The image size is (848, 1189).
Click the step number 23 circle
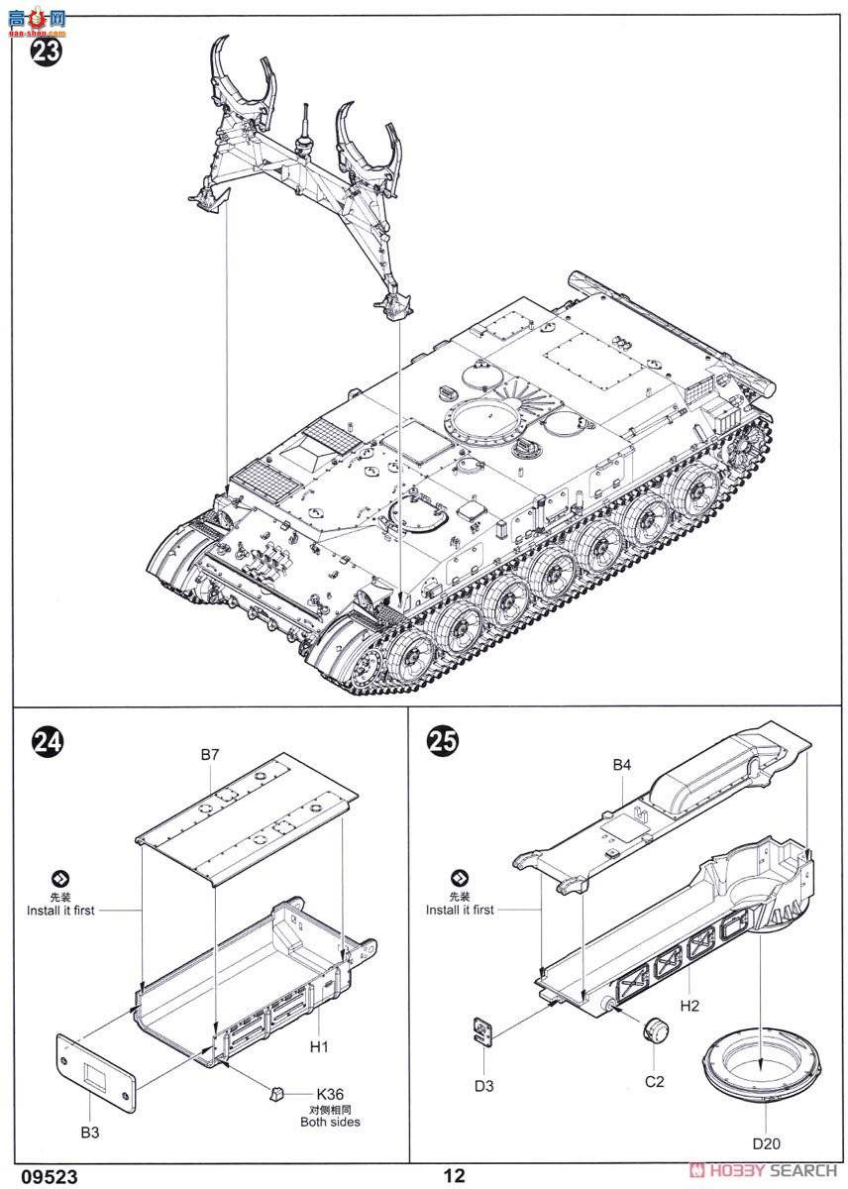pos(46,50)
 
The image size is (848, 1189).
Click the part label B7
pos(209,755)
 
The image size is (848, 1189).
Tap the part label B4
pos(621,764)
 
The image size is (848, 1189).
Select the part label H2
pos(690,1005)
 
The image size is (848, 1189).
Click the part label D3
pos(482,1086)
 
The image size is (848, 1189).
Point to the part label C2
pos(654,1081)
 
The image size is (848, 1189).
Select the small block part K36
pos(278,1092)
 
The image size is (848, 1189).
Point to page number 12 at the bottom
pos(455,1175)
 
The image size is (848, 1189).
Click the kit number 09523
pos(35,1175)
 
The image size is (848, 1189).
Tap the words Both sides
pos(330,1123)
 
